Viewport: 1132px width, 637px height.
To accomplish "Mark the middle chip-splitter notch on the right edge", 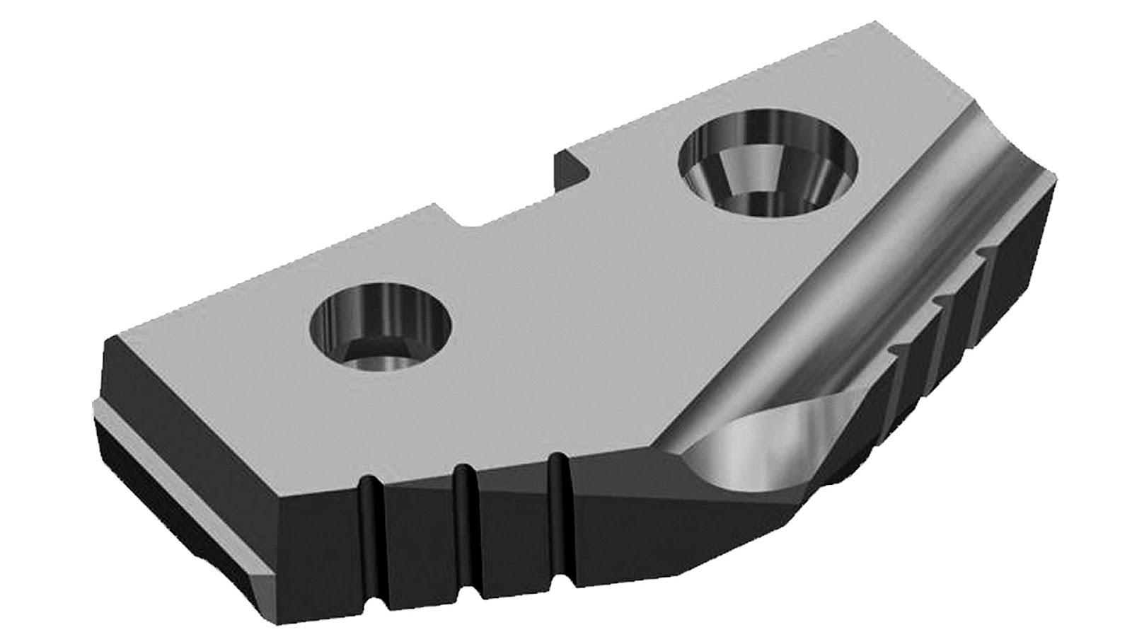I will click(x=945, y=301).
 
